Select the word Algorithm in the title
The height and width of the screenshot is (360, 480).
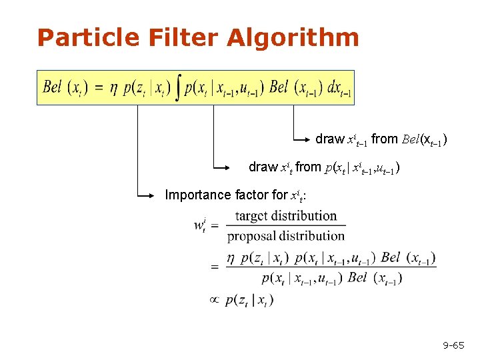[x=293, y=37]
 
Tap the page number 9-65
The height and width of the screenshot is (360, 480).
[x=453, y=345]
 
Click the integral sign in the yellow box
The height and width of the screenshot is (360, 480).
[x=177, y=87]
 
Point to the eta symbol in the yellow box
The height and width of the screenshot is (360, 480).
[x=113, y=88]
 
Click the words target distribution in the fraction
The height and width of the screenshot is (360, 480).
[x=286, y=216]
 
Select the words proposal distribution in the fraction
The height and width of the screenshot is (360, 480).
[x=286, y=235]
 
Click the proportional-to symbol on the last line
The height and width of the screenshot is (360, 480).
[x=214, y=300]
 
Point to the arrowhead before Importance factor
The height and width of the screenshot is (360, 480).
[x=159, y=196]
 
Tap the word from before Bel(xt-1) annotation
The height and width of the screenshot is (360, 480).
[x=385, y=139]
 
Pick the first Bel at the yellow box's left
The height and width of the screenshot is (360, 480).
[x=53, y=87]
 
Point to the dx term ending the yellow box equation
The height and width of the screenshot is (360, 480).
[x=339, y=88]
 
